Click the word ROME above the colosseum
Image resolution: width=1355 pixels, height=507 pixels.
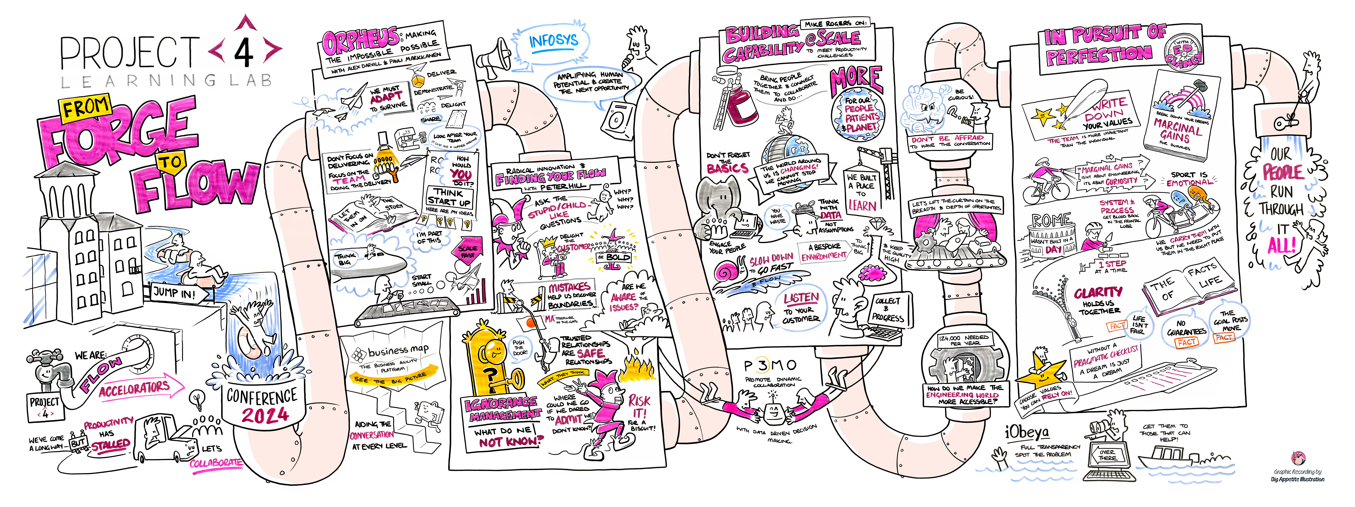[x=1051, y=220]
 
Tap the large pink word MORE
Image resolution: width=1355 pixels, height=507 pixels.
[x=856, y=80]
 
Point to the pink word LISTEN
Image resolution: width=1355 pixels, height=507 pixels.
[x=801, y=298]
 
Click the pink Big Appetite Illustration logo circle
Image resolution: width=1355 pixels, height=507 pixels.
[x=1298, y=458]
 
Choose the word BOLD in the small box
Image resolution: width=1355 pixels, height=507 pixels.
[x=618, y=257]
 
